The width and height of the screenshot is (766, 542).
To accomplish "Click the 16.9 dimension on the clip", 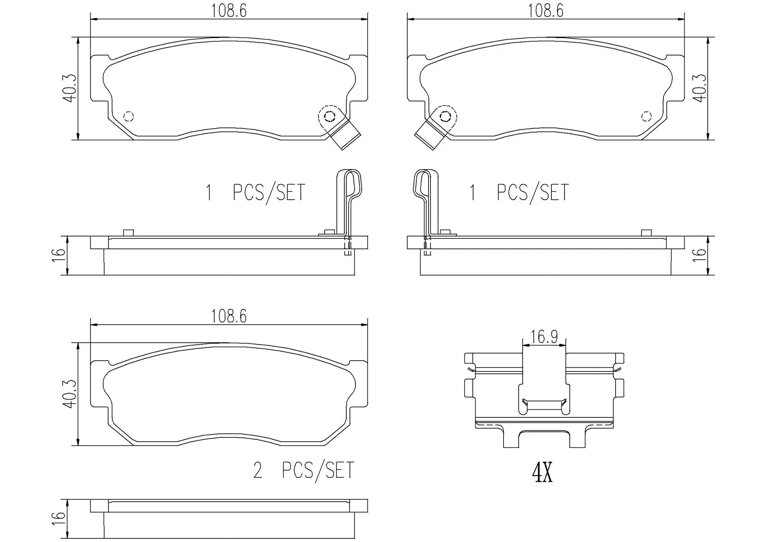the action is coord(544,337).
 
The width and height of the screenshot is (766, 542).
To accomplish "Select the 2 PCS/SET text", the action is coord(304,470).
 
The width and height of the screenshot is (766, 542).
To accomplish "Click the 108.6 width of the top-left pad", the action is coord(229,11).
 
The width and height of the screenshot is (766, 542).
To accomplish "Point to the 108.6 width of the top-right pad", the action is coord(545,11).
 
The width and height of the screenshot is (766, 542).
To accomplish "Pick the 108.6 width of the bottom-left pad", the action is coord(229,316).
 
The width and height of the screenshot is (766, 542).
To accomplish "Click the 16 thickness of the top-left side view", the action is coord(59,254).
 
